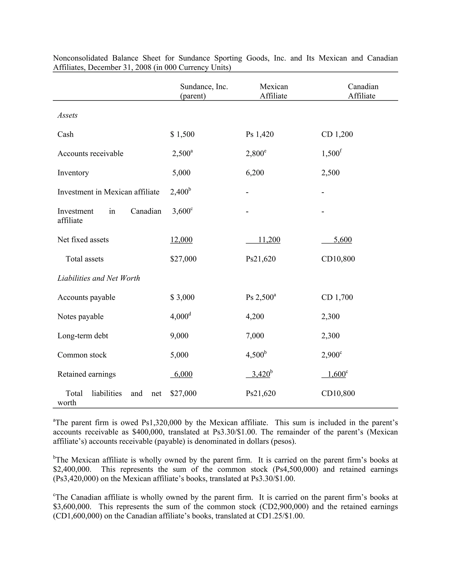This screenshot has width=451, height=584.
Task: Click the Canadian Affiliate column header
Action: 363,91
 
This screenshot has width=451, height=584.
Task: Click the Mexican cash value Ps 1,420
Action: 260,134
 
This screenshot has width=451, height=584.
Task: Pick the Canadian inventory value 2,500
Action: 330,173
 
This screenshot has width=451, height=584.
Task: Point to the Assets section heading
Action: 67,115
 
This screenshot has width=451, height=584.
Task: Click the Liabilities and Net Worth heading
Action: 99,278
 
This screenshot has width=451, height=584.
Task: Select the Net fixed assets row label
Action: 83,240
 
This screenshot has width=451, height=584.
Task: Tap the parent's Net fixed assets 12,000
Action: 181,240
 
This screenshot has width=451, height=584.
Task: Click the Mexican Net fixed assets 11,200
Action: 269,240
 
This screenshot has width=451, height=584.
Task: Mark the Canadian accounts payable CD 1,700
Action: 337,297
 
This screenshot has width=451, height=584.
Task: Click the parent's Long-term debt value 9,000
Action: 179,336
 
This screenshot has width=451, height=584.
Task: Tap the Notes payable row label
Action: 80,317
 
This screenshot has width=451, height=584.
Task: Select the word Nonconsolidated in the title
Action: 80,58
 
